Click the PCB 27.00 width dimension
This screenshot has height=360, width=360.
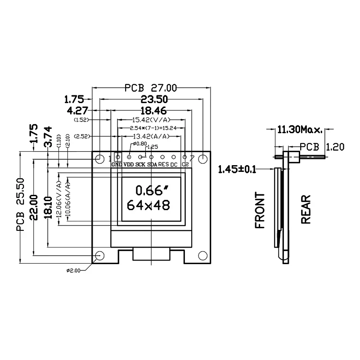[151, 88]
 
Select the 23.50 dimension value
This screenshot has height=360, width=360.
[151, 99]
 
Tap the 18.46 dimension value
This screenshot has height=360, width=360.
[152, 110]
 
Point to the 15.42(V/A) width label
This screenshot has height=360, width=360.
[152, 120]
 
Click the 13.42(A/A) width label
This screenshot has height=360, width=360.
[152, 136]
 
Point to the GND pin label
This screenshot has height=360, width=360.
[117, 165]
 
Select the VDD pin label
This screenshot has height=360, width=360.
[128, 165]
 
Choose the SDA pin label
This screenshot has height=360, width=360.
[152, 165]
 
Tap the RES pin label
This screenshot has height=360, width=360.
[163, 165]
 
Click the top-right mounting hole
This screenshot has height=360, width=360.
[203, 158]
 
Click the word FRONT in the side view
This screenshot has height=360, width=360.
[260, 210]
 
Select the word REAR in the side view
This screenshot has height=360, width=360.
[306, 209]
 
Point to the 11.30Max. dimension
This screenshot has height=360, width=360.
[299, 130]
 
